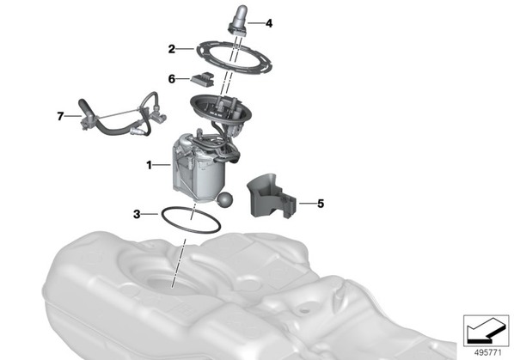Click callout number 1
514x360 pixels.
pos(150,165)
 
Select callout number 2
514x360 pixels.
pos(171,49)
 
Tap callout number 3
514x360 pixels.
pos(137,214)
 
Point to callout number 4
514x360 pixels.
pos(269,23)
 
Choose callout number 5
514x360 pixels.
pos(321,204)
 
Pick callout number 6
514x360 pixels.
pos(171,79)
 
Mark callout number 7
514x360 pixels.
pos(60,116)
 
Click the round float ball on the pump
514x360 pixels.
pos(225,199)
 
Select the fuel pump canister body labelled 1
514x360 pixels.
pos(199,170)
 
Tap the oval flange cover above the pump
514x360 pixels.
pos(197,104)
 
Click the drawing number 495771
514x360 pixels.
pos(487,353)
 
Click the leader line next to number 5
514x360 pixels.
pos(308,204)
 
